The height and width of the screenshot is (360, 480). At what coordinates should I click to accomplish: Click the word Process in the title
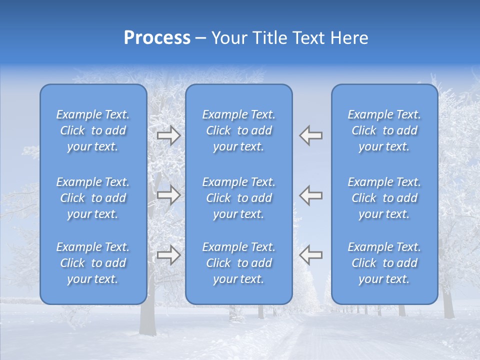point(157,38)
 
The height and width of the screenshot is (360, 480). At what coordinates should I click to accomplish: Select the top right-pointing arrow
point(168,135)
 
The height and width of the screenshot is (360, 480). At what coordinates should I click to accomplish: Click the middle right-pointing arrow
point(168,195)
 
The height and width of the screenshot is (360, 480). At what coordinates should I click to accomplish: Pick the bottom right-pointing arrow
point(168,255)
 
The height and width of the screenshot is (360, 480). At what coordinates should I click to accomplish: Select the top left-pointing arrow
point(311,135)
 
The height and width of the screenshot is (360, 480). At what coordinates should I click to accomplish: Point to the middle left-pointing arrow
point(311,195)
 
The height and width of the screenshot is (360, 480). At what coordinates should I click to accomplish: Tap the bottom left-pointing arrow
point(311,255)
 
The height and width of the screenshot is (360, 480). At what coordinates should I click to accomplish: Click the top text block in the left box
point(93,130)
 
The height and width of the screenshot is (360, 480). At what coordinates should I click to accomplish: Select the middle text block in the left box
point(93,198)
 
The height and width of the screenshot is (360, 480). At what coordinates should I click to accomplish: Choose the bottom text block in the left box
point(93,263)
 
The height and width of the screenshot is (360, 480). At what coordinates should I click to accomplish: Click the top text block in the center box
point(239,130)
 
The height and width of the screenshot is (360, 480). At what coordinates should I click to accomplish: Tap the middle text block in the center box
point(239,198)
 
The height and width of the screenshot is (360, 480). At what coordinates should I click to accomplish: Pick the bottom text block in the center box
point(239,263)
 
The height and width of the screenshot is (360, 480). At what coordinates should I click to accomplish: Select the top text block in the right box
point(384,130)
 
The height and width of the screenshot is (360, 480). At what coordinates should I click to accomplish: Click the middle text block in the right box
point(384,198)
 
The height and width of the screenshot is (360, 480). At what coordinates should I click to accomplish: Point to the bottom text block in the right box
point(384,263)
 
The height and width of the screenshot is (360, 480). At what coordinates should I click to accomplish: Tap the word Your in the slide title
point(227,38)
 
